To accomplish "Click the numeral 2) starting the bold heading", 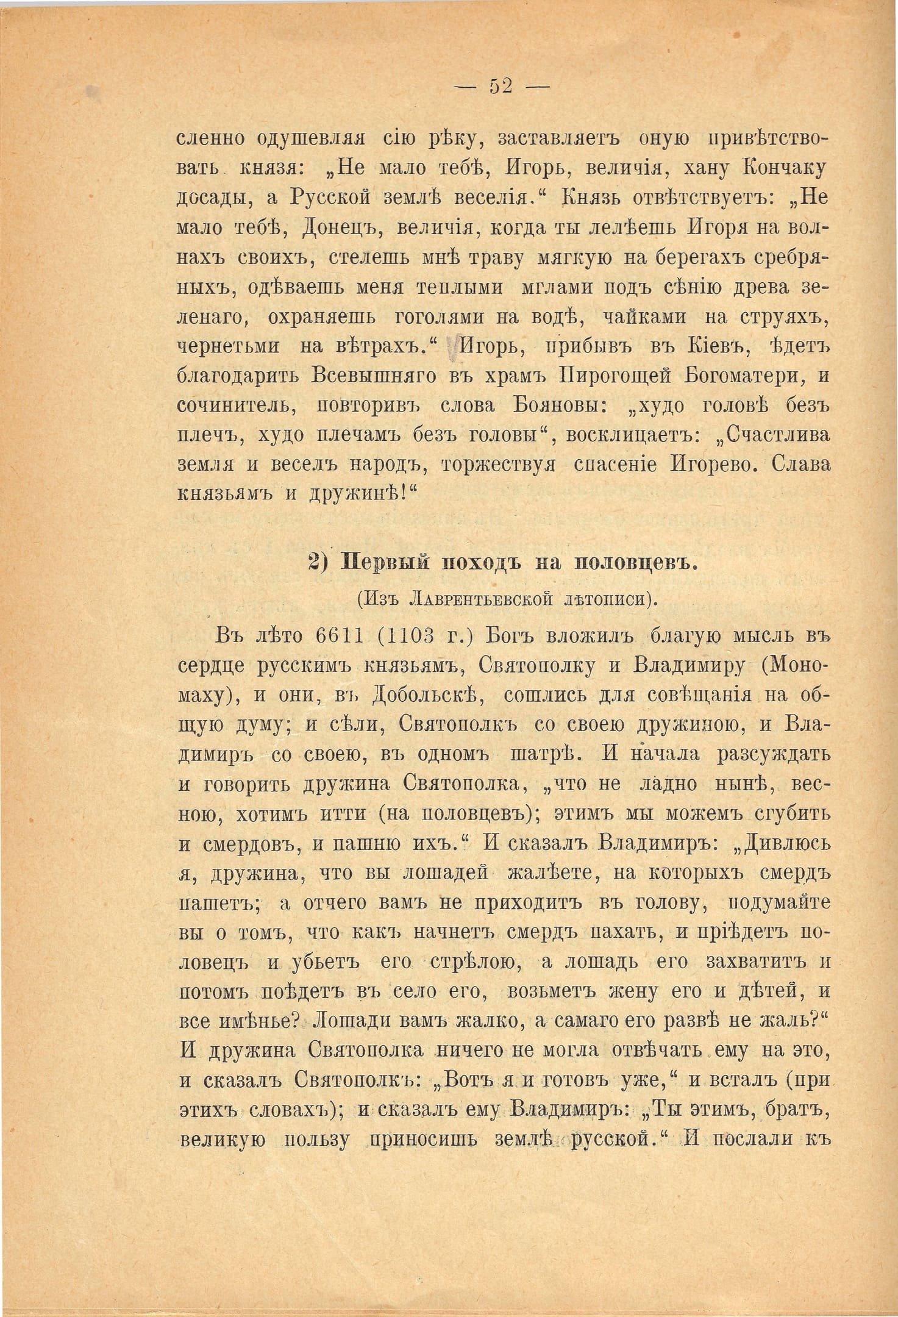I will (318, 563).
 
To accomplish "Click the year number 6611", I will (342, 636).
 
